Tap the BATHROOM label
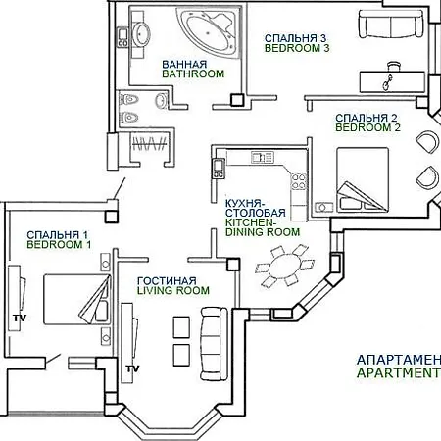(x=193, y=73)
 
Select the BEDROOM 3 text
(x=297, y=48)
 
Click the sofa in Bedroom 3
(x=391, y=24)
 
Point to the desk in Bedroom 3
(x=392, y=82)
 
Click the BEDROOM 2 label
(x=367, y=127)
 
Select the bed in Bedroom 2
(x=363, y=179)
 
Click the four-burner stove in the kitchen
(x=299, y=181)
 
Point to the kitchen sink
(x=262, y=157)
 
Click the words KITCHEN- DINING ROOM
(x=263, y=227)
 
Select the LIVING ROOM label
(x=173, y=290)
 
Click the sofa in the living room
(x=214, y=343)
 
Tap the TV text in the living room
(x=132, y=368)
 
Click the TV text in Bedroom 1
(x=20, y=318)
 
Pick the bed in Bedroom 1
(x=76, y=299)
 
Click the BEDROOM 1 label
(x=59, y=244)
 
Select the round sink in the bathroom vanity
(x=141, y=33)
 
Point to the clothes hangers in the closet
(x=149, y=144)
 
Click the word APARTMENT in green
(x=399, y=372)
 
